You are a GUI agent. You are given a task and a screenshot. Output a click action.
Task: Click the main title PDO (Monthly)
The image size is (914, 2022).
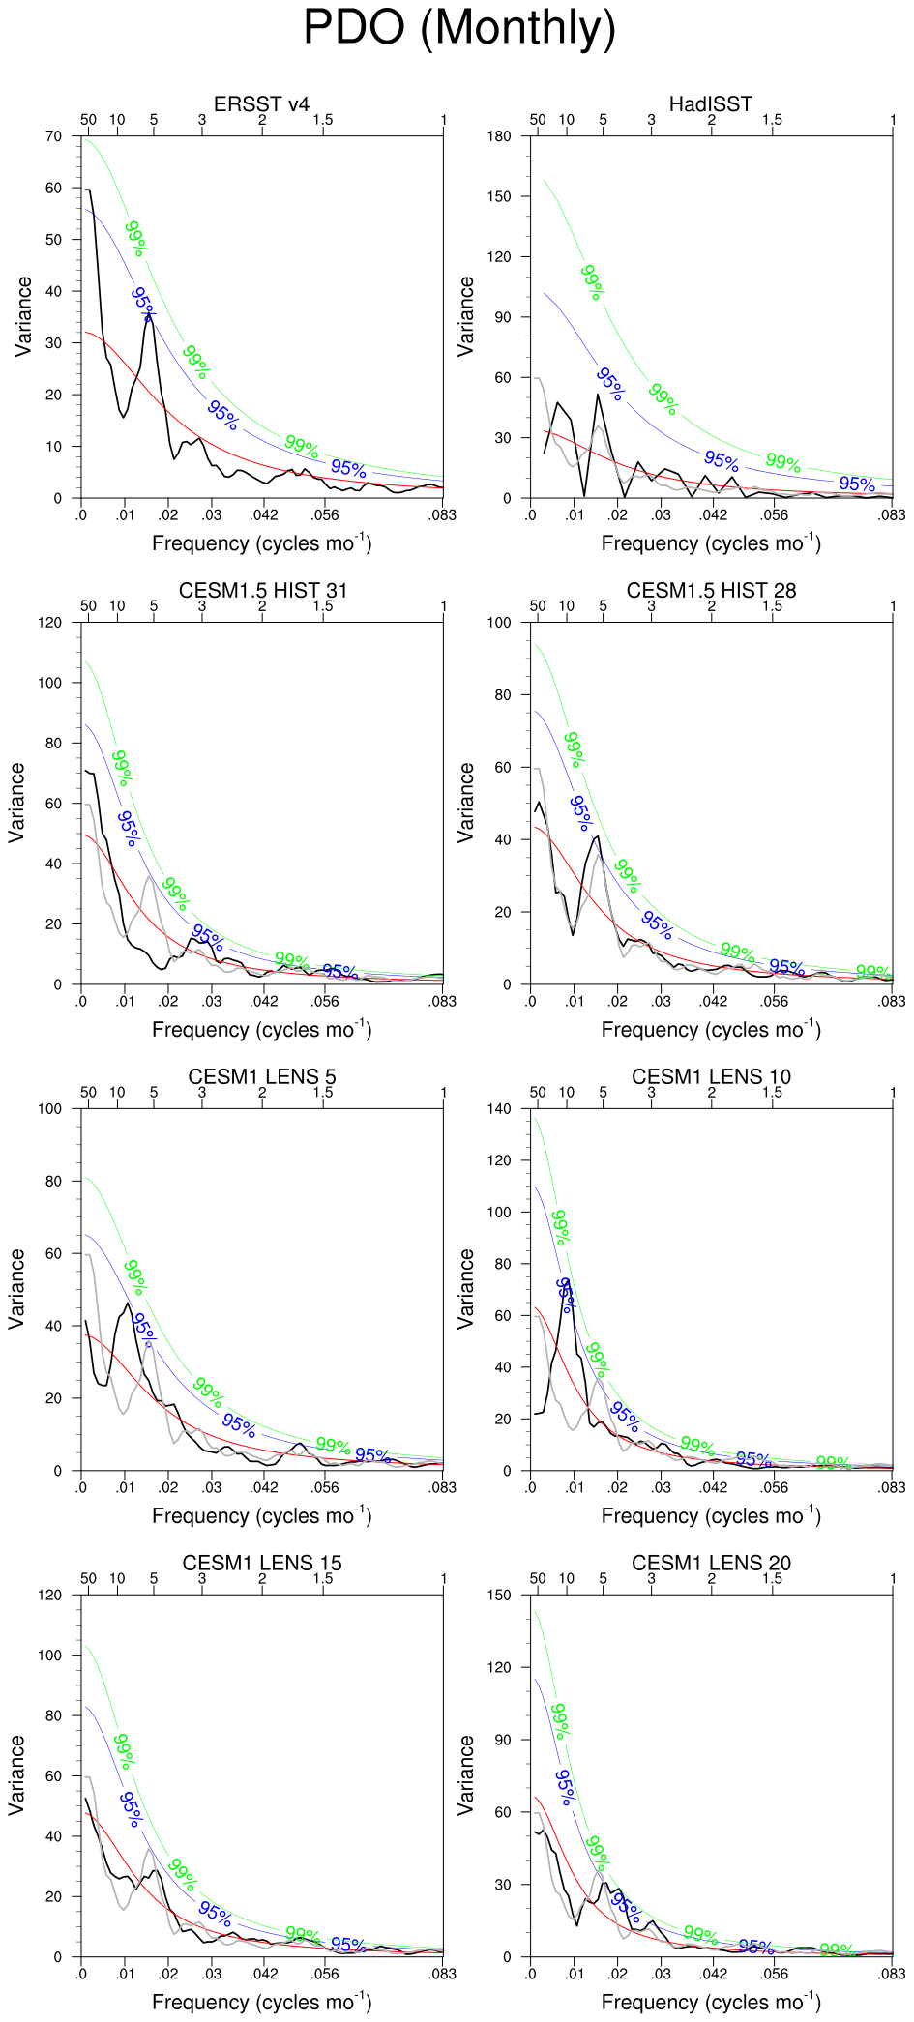pyautogui.click(x=459, y=27)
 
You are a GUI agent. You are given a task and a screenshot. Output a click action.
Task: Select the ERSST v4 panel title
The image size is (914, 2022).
pyautogui.click(x=261, y=103)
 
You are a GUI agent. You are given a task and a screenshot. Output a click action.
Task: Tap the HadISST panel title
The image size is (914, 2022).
pyautogui.click(x=710, y=103)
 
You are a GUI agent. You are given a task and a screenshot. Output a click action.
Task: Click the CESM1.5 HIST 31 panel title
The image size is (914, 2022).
pyautogui.click(x=262, y=590)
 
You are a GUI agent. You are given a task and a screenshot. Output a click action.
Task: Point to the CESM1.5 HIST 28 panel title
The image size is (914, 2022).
pyautogui.click(x=711, y=590)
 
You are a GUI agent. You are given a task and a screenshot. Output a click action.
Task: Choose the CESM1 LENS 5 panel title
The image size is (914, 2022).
pyautogui.click(x=262, y=1076)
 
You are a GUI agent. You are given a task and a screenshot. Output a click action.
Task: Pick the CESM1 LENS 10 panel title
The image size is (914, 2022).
pyautogui.click(x=711, y=1076)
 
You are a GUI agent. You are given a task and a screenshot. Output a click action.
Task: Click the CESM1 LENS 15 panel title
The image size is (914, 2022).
pyautogui.click(x=262, y=1563)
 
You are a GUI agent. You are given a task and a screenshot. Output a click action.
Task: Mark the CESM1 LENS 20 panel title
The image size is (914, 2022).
pyautogui.click(x=711, y=1563)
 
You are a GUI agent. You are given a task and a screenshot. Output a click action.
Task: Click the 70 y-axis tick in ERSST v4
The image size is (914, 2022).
pyautogui.click(x=53, y=136)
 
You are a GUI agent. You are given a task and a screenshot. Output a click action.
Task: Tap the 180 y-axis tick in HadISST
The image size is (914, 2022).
pyautogui.click(x=499, y=136)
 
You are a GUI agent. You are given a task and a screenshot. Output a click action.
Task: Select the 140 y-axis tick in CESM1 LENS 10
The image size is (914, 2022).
pyautogui.click(x=499, y=1109)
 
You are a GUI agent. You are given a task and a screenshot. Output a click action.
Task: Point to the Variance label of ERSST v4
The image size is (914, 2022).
pyautogui.click(x=23, y=316)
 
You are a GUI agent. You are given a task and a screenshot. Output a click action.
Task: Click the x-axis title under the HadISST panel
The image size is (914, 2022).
pyautogui.click(x=711, y=542)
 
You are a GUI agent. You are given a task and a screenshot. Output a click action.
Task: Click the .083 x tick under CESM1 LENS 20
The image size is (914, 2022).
pyautogui.click(x=892, y=1974)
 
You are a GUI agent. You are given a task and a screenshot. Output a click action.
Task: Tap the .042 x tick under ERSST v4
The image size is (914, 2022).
pyautogui.click(x=264, y=514)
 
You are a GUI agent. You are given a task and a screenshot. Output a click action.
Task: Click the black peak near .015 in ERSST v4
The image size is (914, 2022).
pyautogui.click(x=149, y=315)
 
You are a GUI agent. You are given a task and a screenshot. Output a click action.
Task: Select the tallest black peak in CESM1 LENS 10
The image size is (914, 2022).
pyautogui.click(x=567, y=1282)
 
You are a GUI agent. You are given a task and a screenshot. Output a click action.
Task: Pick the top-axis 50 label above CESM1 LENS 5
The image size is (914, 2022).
pyautogui.click(x=88, y=1092)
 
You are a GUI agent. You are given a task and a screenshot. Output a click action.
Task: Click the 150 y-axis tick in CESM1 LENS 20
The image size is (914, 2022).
pyautogui.click(x=499, y=1595)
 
